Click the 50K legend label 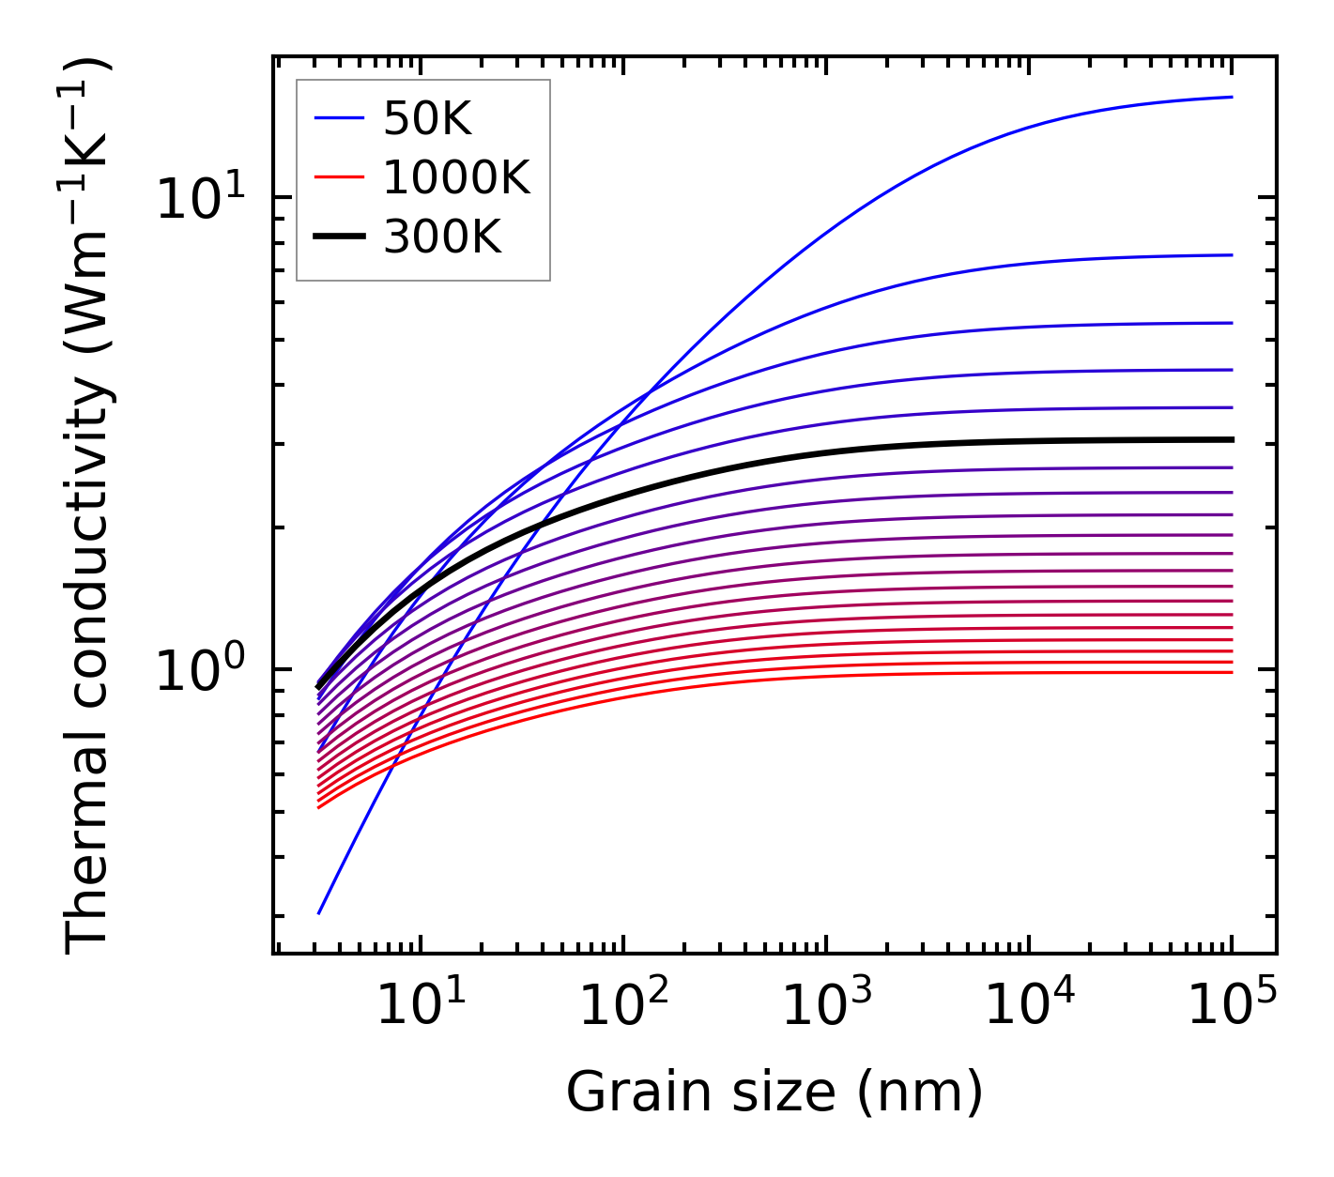click(426, 119)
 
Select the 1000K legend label click(456, 178)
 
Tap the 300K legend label click(442, 238)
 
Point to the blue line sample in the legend click(339, 118)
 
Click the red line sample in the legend click(339, 177)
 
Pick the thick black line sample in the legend click(339, 237)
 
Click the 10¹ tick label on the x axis click(420, 1005)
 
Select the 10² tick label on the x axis click(622, 1005)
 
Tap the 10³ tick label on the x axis click(826, 1005)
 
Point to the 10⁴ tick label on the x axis click(1030, 1005)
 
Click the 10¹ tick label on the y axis click(200, 198)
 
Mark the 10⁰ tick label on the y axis click(200, 670)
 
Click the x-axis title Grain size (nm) click(774, 1093)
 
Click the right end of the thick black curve click(1231, 439)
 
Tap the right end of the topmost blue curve click(1231, 97)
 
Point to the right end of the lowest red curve click(1231, 672)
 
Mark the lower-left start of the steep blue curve click(319, 913)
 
